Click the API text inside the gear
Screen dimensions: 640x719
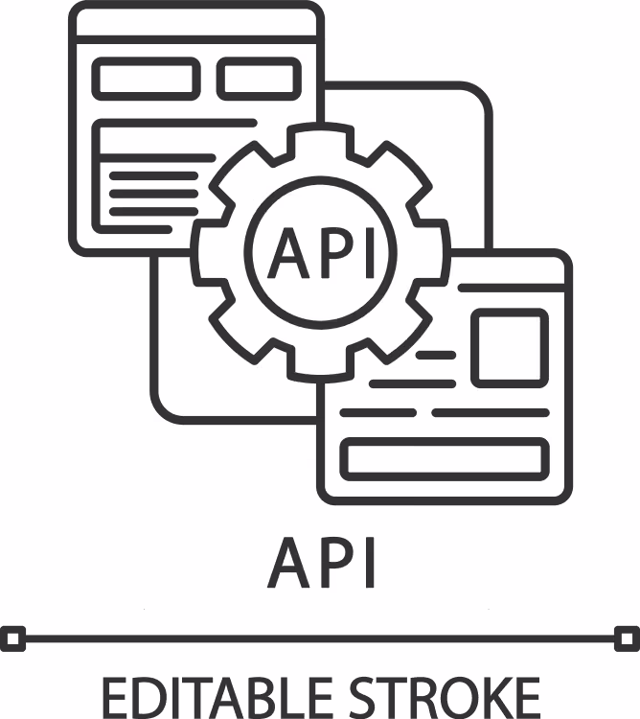[x=322, y=253]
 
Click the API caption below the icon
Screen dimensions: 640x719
[x=322, y=562]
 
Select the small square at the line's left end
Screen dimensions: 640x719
[x=12, y=638]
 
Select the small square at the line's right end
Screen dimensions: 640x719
[x=627, y=638]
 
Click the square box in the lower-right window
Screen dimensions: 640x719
[x=510, y=347]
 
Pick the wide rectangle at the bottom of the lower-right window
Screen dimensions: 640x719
[x=445, y=459]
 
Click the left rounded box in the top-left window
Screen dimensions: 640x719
[x=147, y=79]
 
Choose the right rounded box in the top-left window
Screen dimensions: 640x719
[x=259, y=79]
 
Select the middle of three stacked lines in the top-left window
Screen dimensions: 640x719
[x=153, y=194]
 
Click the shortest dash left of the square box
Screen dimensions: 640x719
[x=436, y=355]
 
